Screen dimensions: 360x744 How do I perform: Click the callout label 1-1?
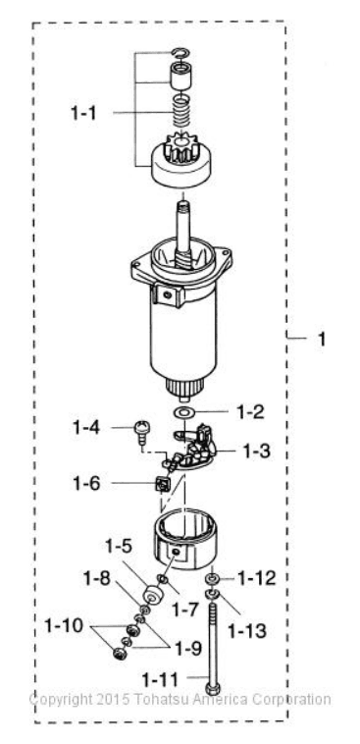click(83, 113)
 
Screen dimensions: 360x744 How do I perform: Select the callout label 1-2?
click(250, 412)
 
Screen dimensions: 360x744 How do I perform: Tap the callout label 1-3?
click(257, 452)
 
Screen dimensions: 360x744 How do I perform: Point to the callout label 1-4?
click(86, 428)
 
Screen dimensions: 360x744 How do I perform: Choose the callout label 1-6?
click(86, 484)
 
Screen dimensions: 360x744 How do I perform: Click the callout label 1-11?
click(160, 680)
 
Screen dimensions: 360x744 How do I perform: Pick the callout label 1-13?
click(247, 630)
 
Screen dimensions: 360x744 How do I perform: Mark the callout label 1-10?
click(64, 625)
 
